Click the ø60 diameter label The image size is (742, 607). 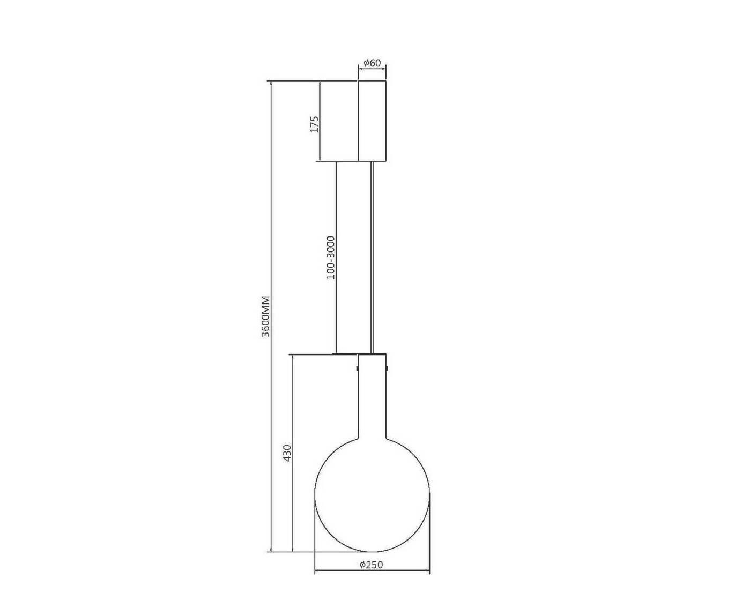(372, 63)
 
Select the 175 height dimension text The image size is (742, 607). (315, 124)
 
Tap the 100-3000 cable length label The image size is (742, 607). (331, 257)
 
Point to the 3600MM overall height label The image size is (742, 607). (265, 316)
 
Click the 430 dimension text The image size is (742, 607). (287, 453)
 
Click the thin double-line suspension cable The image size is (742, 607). (372, 257)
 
